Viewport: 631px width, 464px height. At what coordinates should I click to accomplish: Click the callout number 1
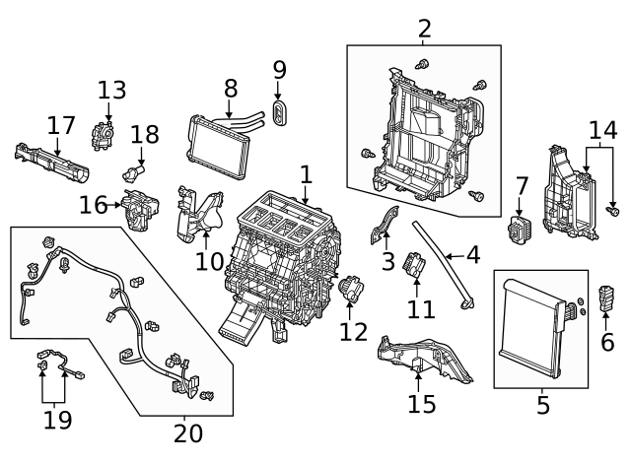coord(306,174)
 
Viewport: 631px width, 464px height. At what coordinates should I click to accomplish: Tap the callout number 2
coord(425,29)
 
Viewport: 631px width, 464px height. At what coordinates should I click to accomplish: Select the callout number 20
coord(187,432)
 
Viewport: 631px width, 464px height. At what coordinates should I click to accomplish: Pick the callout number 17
coord(62,126)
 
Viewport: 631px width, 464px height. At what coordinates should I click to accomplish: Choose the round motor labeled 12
coord(350,292)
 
